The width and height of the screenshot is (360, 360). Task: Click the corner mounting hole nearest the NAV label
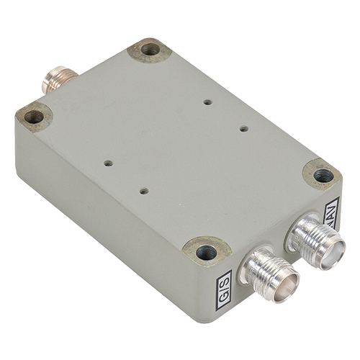coord(323,174)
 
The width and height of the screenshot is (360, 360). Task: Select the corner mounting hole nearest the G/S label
coord(207,251)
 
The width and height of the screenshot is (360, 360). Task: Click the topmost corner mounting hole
coord(150,50)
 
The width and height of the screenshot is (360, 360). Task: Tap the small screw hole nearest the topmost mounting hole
coord(207,102)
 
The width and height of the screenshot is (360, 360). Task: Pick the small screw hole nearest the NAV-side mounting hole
coord(243,129)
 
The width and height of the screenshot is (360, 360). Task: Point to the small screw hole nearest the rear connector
coord(108,163)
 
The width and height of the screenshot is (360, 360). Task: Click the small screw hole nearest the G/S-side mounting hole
coord(144,191)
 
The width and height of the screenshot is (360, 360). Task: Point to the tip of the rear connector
coord(47,80)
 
